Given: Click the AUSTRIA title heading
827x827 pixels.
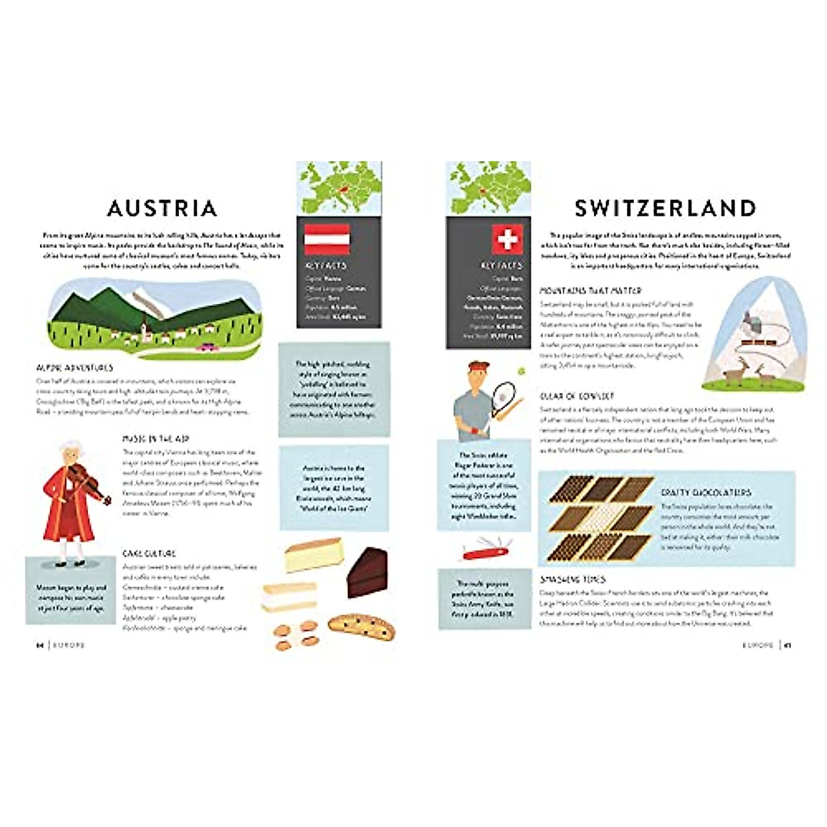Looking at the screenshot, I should [x=163, y=208].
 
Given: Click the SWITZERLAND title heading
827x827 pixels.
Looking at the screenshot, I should [x=665, y=208].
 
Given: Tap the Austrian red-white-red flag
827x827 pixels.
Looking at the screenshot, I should [x=327, y=239].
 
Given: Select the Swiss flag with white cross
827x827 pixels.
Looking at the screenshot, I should [x=507, y=239].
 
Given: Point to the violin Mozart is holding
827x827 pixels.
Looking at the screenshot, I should [x=86, y=481].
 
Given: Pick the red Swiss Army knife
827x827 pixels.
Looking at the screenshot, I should [x=484, y=549].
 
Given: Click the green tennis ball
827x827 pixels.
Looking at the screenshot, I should [x=522, y=371].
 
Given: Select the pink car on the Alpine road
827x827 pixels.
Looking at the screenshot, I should [x=205, y=348].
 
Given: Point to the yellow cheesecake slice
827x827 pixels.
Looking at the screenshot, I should [x=314, y=555].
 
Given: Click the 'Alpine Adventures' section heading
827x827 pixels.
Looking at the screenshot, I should [x=74, y=368].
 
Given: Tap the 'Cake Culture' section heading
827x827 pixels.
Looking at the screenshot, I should [x=149, y=553].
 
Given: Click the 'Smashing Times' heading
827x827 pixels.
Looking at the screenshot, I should [x=573, y=580].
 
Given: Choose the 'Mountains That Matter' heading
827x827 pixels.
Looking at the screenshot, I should [x=591, y=291].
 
